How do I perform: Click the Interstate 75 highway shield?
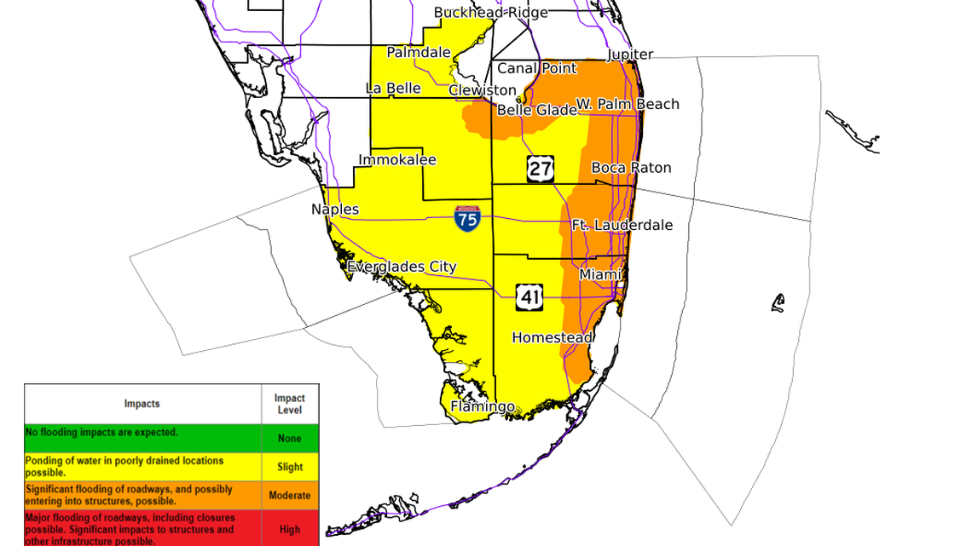pyautogui.click(x=467, y=219)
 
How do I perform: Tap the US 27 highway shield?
pyautogui.click(x=540, y=169)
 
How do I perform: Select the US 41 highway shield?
pyautogui.click(x=529, y=296)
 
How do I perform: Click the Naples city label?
pyautogui.click(x=335, y=210)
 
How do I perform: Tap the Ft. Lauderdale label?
pyautogui.click(x=622, y=226)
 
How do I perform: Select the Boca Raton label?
pyautogui.click(x=631, y=168)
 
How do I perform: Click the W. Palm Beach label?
pyautogui.click(x=628, y=104)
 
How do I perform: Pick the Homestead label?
pyautogui.click(x=553, y=338)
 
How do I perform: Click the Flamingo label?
pyautogui.click(x=483, y=407)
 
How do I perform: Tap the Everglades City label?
pyautogui.click(x=402, y=267)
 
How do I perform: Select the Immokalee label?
pyautogui.click(x=397, y=160)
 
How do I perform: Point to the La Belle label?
pyautogui.click(x=393, y=89)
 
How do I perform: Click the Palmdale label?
pyautogui.click(x=419, y=53)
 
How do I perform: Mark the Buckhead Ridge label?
pyautogui.click(x=490, y=13)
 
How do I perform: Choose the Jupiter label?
pyautogui.click(x=630, y=55)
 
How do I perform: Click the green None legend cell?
pyautogui.click(x=290, y=439)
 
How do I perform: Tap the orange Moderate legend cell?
pyautogui.click(x=290, y=495)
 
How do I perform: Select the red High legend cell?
pyautogui.click(x=290, y=529)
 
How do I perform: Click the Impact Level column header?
pyautogui.click(x=290, y=404)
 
